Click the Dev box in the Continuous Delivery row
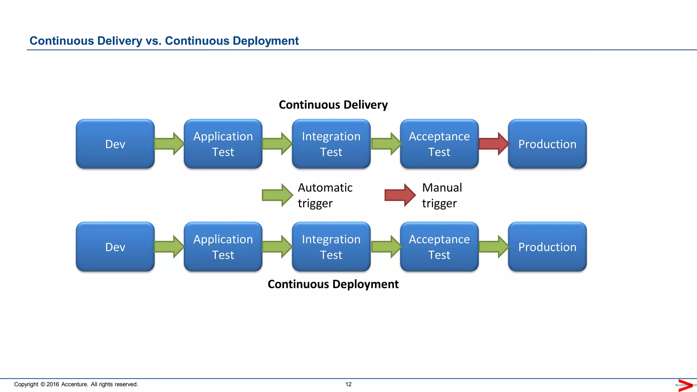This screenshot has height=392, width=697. point(115,144)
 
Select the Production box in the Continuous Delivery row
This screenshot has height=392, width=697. point(547,144)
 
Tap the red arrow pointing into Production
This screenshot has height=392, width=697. point(493,144)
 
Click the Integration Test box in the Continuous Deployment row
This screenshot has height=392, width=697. point(331,247)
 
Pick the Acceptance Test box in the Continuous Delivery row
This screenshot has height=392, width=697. point(439,144)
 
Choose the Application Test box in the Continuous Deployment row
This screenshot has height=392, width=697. point(223,247)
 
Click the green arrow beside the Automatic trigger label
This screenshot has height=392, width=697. point(277,195)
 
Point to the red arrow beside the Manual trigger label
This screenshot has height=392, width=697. point(400,195)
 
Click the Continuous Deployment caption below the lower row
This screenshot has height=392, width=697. point(333,284)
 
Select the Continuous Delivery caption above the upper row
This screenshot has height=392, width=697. point(333,105)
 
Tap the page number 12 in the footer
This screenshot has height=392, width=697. point(348,384)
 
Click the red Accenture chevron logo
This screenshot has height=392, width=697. point(685,385)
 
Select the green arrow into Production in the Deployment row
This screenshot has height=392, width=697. point(493,247)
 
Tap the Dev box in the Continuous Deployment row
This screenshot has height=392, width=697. point(115,247)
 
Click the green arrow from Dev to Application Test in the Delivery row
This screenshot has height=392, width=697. point(169,144)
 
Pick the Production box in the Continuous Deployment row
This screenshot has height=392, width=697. point(547,247)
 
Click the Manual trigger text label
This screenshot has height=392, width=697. point(441,195)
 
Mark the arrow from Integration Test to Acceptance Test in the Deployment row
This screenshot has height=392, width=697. point(386,247)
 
